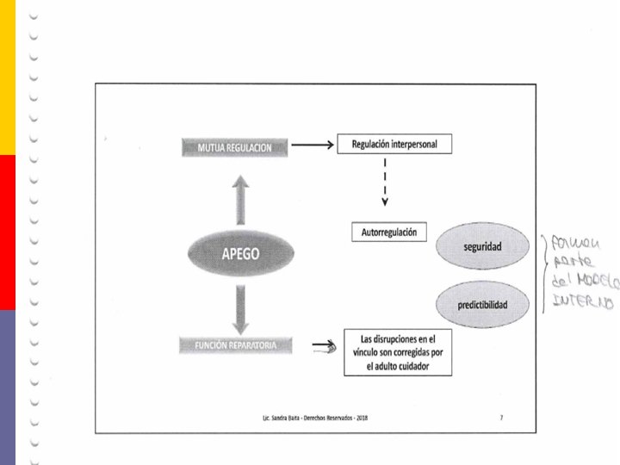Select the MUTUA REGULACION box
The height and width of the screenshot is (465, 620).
[235, 147]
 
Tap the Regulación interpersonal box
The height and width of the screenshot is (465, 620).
[394, 144]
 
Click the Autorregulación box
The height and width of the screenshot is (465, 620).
[389, 232]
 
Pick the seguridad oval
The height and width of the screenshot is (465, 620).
[482, 247]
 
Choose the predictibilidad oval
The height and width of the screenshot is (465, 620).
[481, 306]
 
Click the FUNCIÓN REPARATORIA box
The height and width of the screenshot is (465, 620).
[234, 345]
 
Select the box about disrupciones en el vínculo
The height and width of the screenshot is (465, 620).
[397, 352]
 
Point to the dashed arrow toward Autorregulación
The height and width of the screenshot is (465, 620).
[385, 184]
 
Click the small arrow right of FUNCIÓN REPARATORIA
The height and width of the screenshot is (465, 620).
[324, 348]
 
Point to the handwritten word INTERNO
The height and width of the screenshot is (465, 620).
[583, 302]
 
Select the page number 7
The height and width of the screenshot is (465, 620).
[501, 417]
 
